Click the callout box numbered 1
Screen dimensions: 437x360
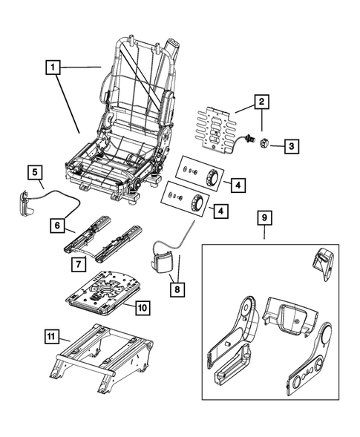click(x=52, y=68)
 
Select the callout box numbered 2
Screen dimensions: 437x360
click(x=261, y=102)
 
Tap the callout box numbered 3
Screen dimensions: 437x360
click(x=292, y=146)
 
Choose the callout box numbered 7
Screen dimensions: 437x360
click(x=78, y=263)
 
